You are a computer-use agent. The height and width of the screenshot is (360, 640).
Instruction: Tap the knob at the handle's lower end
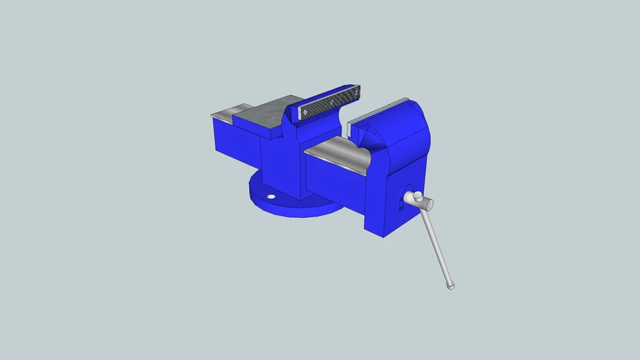click(451, 285)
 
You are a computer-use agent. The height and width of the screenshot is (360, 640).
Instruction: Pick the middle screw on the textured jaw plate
click(331, 102)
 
